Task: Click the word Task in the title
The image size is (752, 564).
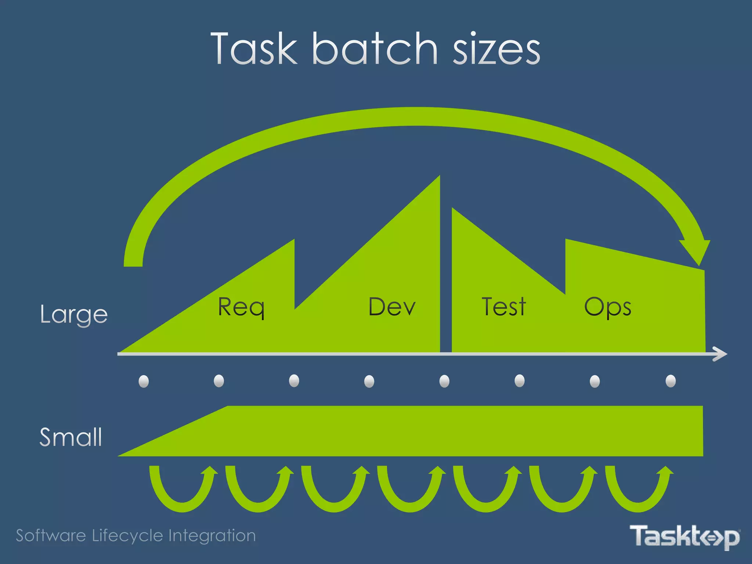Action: click(254, 48)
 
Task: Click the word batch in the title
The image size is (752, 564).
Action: click(375, 48)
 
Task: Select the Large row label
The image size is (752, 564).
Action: click(74, 315)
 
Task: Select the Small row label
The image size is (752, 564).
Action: click(70, 437)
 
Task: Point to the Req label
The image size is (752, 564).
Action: click(241, 308)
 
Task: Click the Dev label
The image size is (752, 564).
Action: click(392, 307)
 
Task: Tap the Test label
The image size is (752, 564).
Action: click(504, 307)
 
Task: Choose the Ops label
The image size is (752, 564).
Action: click(608, 308)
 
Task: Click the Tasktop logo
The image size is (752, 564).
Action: click(685, 536)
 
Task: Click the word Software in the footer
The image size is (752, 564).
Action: click(51, 536)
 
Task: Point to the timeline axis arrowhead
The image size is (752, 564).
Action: click(720, 354)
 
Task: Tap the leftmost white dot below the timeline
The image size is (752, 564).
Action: click(144, 381)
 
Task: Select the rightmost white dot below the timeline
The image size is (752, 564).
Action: click(670, 381)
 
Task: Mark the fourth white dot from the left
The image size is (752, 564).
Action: click(369, 381)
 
